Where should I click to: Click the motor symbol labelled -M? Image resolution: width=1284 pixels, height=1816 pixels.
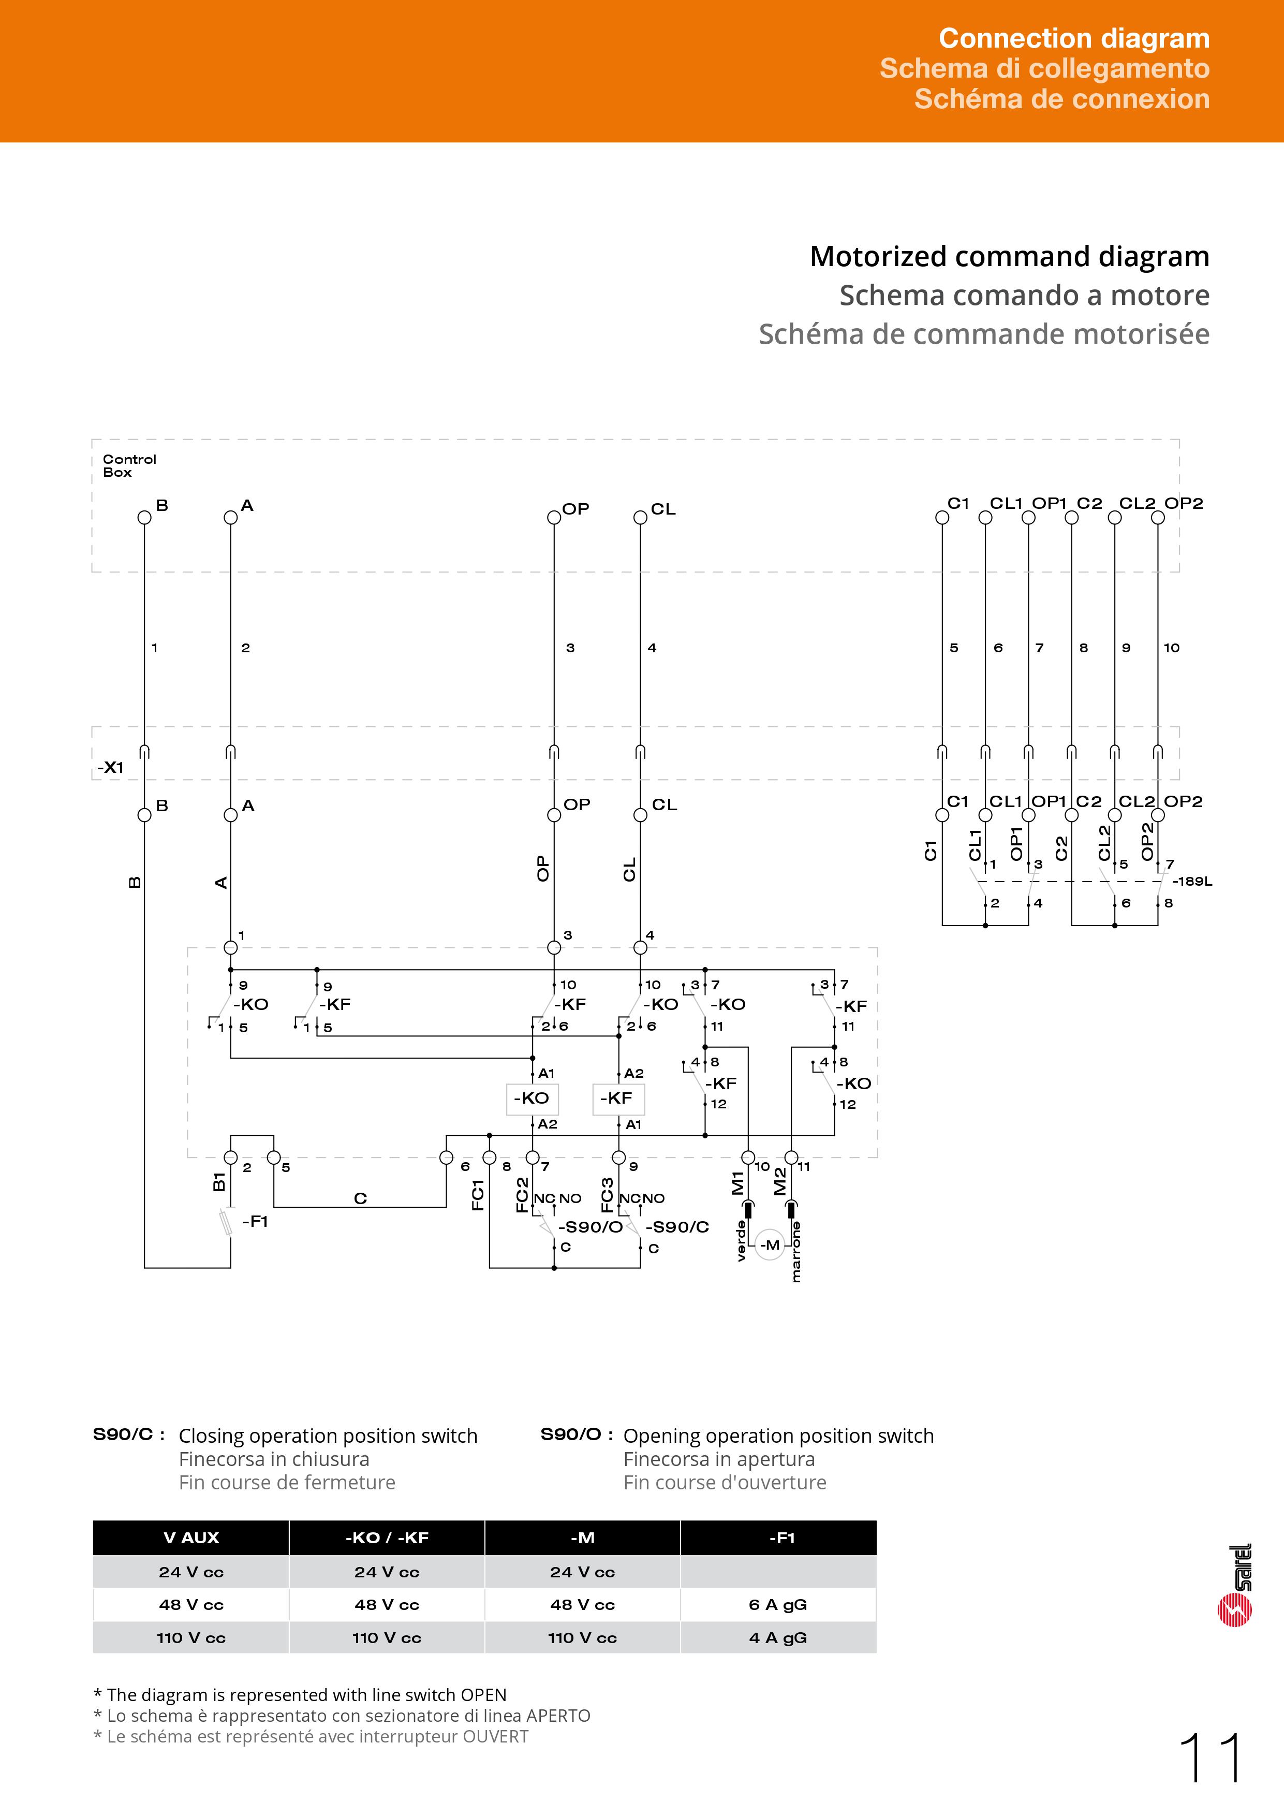[769, 1244]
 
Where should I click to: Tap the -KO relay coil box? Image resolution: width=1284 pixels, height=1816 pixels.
[532, 1099]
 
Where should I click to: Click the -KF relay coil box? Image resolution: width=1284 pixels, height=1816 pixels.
[617, 1099]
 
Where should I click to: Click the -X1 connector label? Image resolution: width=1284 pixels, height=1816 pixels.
[111, 767]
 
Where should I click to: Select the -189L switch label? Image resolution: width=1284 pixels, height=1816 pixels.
[1191, 881]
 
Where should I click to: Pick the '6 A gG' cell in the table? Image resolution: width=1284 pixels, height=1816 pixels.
[778, 1604]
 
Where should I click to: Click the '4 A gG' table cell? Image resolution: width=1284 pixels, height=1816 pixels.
[778, 1637]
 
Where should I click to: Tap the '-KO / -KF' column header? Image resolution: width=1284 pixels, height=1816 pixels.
[387, 1537]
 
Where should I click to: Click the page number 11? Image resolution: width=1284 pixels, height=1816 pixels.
[1211, 1758]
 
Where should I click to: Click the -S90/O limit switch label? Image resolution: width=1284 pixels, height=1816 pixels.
[591, 1227]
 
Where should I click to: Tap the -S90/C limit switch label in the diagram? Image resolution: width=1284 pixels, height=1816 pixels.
[677, 1227]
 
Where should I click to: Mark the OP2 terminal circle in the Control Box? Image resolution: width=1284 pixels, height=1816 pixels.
[1158, 517]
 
